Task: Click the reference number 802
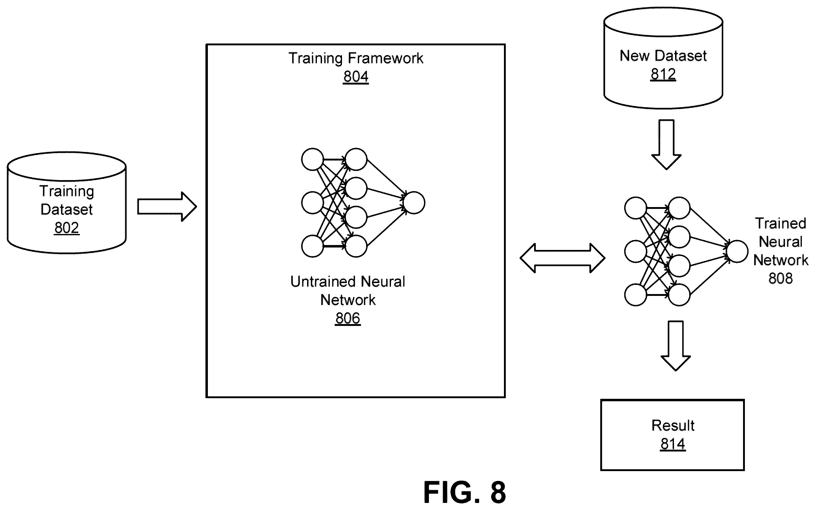pos(67,228)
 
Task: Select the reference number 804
pos(355,77)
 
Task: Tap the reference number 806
pos(347,318)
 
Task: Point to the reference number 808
pos(780,278)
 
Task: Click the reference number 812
pos(663,74)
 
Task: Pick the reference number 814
pos(673,444)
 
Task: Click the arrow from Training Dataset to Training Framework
pos(167,207)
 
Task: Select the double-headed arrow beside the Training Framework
pos(562,258)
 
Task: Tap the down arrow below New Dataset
pos(666,144)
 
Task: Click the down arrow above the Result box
pos(675,346)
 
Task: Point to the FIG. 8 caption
pos(464,493)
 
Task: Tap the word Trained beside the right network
pos(780,223)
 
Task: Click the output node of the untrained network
pos(414,203)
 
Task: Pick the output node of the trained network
pos(737,251)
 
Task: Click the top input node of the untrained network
pos(313,159)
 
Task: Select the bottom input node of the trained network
pos(636,295)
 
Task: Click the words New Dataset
pos(663,56)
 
